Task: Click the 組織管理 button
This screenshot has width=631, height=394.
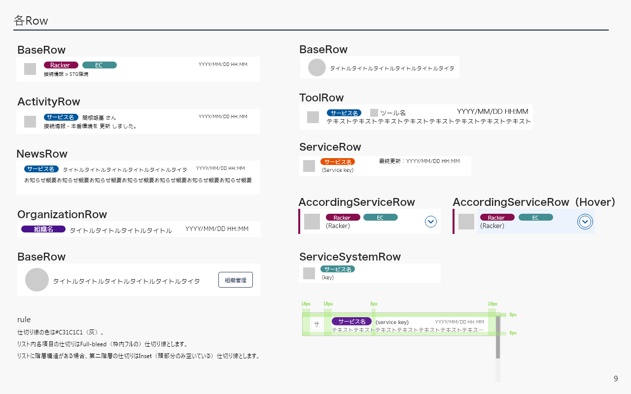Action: [236, 280]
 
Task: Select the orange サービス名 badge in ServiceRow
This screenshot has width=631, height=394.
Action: [338, 162]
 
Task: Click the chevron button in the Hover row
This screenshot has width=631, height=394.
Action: [585, 222]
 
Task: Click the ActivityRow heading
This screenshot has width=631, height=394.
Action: [49, 102]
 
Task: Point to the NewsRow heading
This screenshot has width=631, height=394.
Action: [42, 154]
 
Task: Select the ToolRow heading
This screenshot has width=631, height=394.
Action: [321, 98]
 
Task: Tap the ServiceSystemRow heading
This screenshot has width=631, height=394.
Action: [350, 257]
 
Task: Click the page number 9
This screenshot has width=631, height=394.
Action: [616, 379]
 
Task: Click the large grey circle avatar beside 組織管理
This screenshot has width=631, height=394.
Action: [37, 280]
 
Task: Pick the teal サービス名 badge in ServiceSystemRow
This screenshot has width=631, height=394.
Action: [338, 269]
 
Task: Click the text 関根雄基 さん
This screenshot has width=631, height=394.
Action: [99, 118]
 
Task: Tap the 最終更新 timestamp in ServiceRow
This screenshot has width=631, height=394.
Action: [419, 161]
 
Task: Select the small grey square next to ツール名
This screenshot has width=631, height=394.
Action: [374, 113]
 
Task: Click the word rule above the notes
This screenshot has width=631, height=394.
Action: [24, 320]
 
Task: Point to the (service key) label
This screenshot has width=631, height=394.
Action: [392, 322]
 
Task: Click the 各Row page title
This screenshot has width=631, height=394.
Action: [31, 21]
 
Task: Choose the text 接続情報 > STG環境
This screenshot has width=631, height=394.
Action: [66, 74]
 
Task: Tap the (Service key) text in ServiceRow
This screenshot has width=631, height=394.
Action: [338, 170]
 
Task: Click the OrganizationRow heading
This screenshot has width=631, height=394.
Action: [62, 214]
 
